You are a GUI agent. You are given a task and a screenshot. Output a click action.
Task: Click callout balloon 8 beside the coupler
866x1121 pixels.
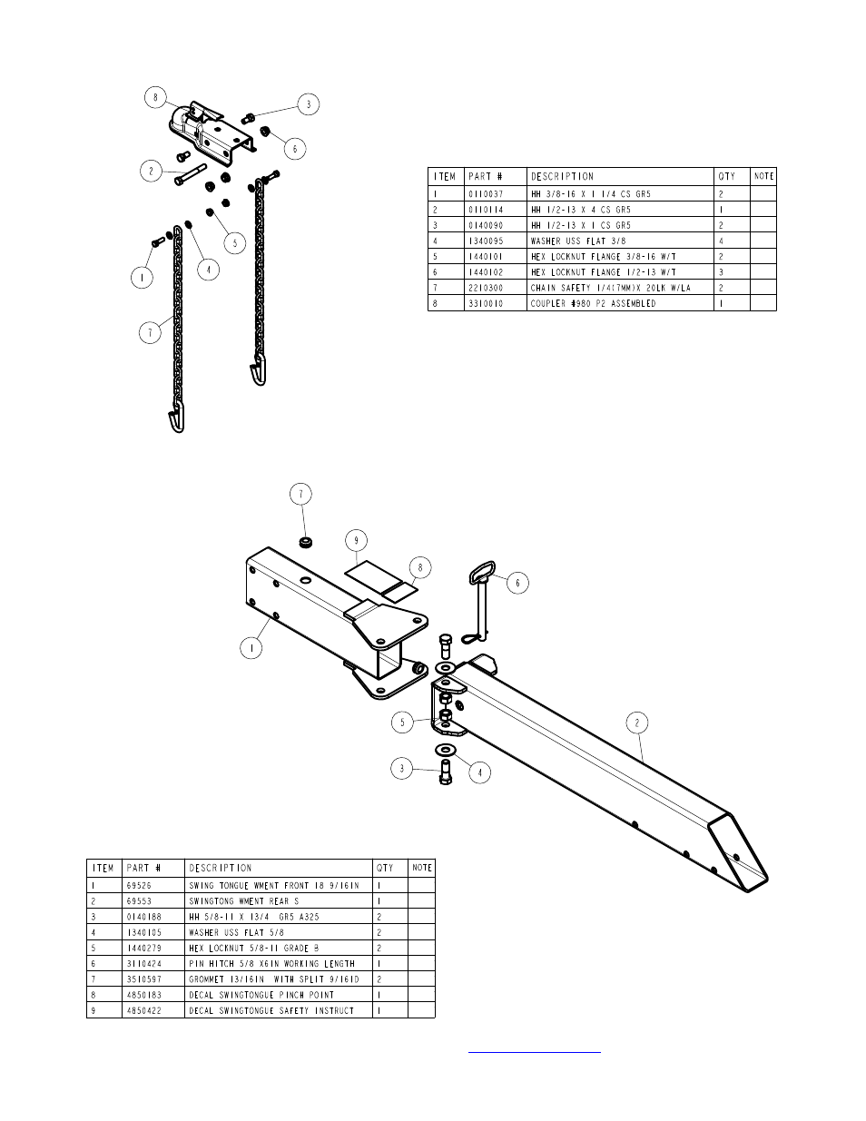(155, 97)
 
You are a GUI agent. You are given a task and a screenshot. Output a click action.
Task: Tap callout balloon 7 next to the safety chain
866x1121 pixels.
(150, 333)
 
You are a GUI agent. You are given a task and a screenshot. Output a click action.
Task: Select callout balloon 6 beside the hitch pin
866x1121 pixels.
(517, 583)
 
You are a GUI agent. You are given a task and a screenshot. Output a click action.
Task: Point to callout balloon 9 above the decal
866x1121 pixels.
(356, 541)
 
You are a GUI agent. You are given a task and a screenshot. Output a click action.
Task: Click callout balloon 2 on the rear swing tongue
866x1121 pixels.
(637, 723)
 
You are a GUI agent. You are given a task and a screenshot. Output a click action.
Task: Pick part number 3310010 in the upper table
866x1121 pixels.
(486, 303)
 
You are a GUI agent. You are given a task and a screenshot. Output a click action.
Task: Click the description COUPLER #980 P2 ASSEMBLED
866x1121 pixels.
(593, 303)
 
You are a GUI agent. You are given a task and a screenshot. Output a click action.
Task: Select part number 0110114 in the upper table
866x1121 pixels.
(486, 210)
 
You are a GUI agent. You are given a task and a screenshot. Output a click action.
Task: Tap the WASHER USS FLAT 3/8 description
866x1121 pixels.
(578, 241)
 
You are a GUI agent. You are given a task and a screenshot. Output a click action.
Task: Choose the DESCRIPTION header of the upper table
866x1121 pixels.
(562, 176)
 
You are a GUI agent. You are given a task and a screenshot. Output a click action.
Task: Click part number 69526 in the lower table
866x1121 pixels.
(139, 886)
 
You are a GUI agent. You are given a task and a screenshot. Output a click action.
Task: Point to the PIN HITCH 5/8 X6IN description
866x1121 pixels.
(271, 964)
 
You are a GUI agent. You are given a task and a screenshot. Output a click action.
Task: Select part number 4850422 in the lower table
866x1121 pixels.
(144, 1010)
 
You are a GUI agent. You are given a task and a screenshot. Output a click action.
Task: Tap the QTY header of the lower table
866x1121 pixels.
(385, 868)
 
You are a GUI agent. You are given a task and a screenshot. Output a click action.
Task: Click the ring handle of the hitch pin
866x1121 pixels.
(482, 572)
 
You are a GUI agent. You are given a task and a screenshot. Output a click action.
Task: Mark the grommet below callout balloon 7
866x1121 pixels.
(307, 543)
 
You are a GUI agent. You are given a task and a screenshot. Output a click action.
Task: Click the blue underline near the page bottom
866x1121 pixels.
(535, 1052)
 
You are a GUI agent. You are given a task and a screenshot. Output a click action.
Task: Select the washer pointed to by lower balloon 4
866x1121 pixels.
(446, 749)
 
